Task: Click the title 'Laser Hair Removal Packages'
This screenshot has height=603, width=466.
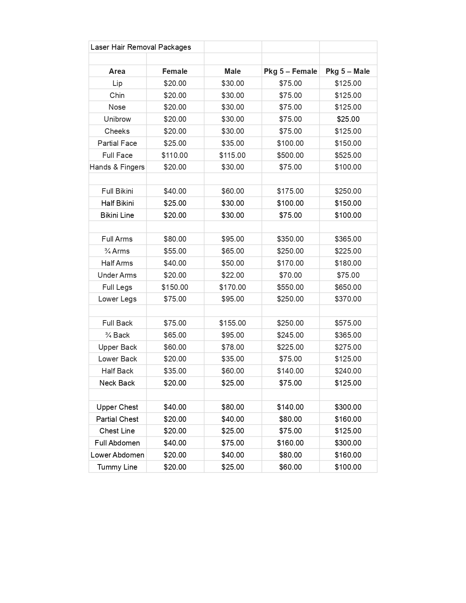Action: [141, 47]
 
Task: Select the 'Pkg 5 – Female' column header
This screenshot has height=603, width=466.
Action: [290, 71]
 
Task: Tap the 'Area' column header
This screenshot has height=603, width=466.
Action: [117, 71]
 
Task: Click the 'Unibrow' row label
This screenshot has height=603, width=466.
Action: [117, 119]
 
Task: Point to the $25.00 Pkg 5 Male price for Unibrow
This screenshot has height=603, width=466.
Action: [348, 119]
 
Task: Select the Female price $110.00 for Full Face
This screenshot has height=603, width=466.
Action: [175, 155]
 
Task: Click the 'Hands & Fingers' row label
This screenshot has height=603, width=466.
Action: [117, 167]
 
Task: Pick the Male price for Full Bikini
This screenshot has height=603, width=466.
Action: [232, 191]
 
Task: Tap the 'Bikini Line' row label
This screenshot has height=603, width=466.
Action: [117, 215]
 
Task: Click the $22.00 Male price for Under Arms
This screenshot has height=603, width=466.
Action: [232, 275]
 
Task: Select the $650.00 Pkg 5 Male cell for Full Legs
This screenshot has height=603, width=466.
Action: [348, 287]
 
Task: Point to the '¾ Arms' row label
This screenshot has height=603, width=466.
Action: [117, 251]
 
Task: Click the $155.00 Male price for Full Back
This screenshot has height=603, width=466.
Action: [232, 323]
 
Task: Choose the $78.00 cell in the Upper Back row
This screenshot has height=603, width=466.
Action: [232, 347]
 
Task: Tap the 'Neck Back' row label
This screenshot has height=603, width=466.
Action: [117, 383]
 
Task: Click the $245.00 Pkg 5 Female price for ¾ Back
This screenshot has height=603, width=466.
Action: [290, 335]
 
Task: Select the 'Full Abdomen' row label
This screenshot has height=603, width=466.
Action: [117, 443]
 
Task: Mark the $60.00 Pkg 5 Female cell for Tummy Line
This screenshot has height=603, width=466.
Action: [290, 467]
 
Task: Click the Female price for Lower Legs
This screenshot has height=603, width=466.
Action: [175, 299]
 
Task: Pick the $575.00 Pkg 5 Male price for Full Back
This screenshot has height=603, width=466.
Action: [348, 323]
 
